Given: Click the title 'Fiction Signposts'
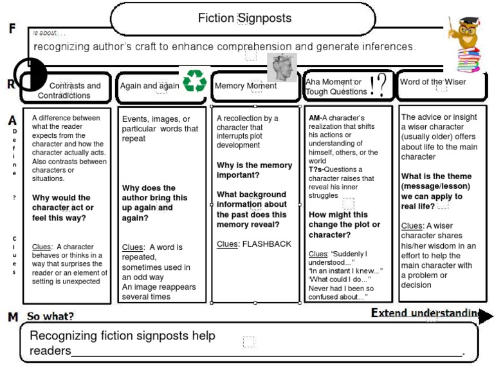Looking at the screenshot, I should [x=244, y=18].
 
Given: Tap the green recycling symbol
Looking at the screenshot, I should [x=194, y=82].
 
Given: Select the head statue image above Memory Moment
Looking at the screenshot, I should [x=281, y=67].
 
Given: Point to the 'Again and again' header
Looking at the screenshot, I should [x=149, y=86].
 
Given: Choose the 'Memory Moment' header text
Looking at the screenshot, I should [x=245, y=86].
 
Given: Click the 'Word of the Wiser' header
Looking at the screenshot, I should [x=433, y=82].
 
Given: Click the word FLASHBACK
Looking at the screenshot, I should [x=266, y=244].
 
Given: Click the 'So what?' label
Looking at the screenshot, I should [x=50, y=316].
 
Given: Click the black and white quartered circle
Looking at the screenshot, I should [x=30, y=73].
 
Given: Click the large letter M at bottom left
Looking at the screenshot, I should [x=13, y=317].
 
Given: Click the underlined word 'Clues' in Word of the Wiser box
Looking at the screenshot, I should [x=412, y=225].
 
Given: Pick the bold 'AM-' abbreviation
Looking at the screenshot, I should [x=315, y=119].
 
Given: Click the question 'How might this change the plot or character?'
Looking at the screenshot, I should [x=344, y=225].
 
